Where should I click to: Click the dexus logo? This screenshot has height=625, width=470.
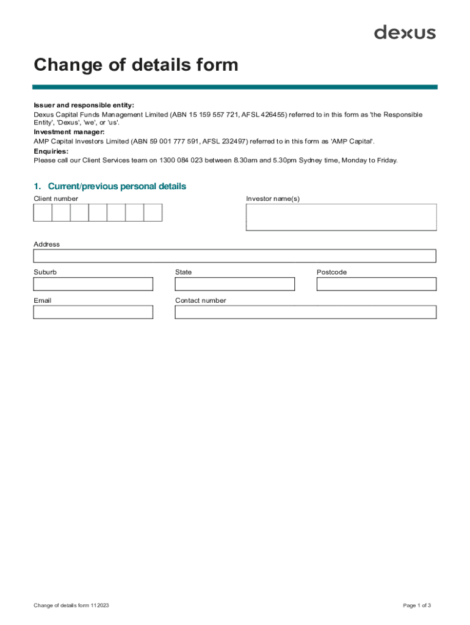coord(405,32)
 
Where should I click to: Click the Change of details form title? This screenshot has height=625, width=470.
coord(136,65)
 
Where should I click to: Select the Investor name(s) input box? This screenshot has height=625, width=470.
coord(341,217)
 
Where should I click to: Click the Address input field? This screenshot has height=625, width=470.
coord(234,256)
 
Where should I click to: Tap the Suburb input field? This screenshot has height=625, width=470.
coord(93,284)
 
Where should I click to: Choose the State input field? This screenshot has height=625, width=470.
coord(234,284)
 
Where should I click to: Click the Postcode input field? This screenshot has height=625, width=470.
coord(376,284)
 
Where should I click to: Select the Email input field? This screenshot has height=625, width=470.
coord(93,312)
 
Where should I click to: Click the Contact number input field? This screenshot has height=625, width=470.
coord(305,312)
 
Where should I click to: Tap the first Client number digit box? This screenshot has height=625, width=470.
coord(43,212)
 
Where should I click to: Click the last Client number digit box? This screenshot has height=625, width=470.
coord(153,212)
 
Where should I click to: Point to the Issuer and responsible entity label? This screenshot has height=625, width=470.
coord(84,106)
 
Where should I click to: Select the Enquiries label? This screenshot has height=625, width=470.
coord(51,151)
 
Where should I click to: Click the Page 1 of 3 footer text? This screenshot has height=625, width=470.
coord(417,605)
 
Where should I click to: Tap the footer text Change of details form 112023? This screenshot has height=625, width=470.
coord(71,605)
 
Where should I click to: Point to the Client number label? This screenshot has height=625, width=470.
coord(56,199)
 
